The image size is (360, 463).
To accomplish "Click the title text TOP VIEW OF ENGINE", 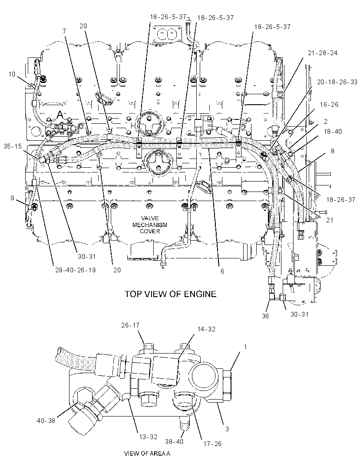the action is (170, 294).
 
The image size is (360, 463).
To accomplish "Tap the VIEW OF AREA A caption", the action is (147, 453).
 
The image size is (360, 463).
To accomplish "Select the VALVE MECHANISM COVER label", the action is (150, 225).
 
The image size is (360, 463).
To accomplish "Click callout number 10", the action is (12, 74).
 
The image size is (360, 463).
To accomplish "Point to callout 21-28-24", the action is (323, 53).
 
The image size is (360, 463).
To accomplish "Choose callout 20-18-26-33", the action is (337, 82).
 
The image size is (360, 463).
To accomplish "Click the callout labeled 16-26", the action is (329, 105).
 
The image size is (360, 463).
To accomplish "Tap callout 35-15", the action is (13, 146).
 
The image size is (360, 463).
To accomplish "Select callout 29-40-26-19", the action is (75, 270).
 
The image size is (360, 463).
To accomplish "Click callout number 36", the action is (265, 316).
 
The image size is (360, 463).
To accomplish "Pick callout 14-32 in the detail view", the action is (206, 329).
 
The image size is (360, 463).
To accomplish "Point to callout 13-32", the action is (148, 437).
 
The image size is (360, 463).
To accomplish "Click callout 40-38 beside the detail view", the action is (46, 420).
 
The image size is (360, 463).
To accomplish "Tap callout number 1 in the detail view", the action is (245, 347).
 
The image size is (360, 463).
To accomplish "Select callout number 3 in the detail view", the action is (227, 429).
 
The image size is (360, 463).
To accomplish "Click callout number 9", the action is (12, 198).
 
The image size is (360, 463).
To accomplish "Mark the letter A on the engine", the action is (60, 114).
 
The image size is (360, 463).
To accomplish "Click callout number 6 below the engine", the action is (222, 271).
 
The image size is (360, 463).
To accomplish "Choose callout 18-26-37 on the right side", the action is (340, 200).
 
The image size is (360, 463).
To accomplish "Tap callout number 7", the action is (64, 31).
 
